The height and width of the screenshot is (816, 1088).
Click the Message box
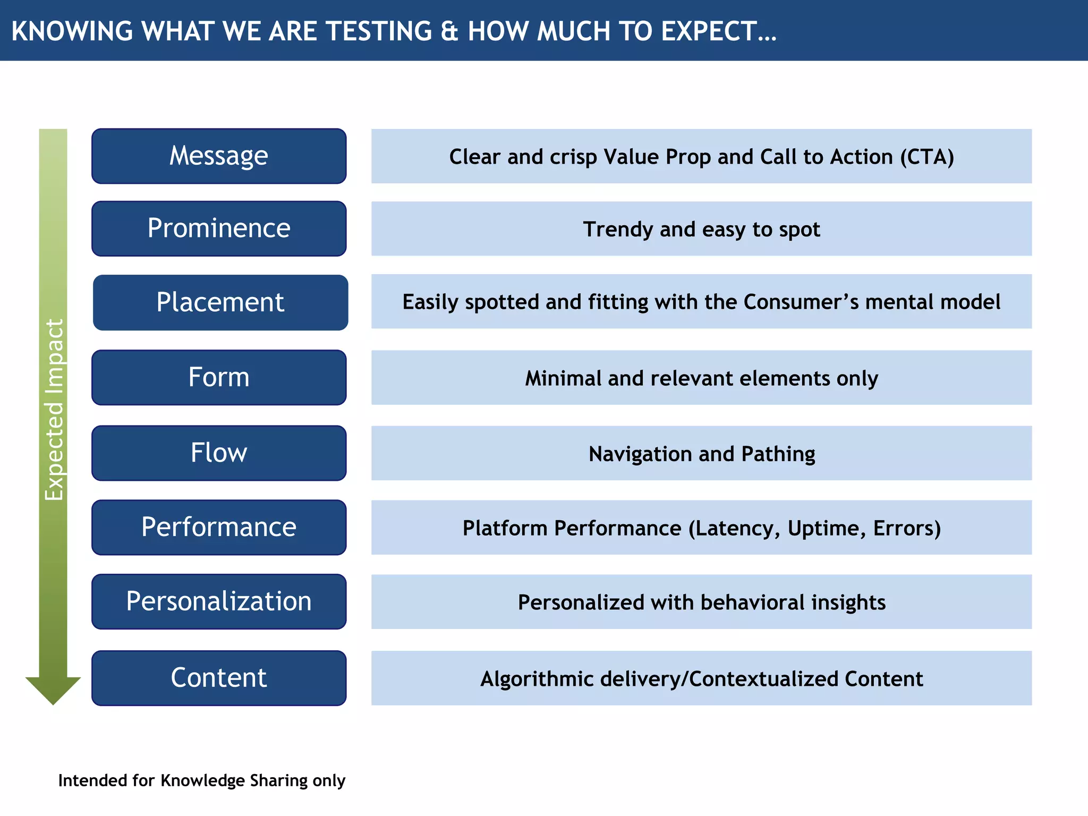[219, 156]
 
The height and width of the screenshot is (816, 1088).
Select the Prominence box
[219, 228]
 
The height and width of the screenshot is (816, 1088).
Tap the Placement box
[220, 302]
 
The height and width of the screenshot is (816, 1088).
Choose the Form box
[219, 377]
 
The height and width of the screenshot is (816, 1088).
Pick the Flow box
[219, 453]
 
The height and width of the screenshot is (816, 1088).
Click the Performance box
[219, 527]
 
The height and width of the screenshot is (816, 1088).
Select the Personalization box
[219, 601]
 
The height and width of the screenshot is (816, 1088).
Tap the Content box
[219, 678]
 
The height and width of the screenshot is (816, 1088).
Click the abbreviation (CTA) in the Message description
[927, 157]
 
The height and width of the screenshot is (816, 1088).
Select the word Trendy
[618, 229]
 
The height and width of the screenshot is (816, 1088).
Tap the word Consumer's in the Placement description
[801, 302]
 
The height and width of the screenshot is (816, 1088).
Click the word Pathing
[778, 454]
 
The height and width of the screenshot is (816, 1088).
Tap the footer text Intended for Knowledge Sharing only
[202, 780]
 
